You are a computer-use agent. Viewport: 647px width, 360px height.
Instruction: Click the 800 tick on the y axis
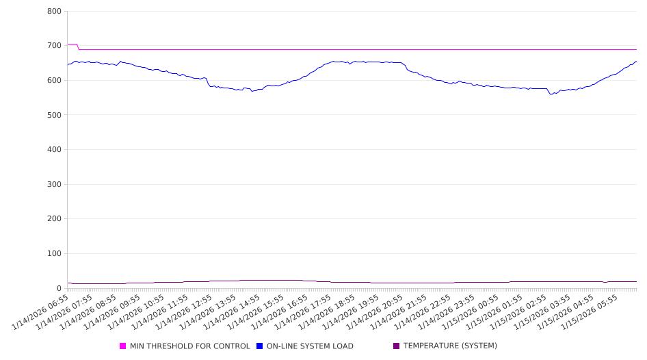[x=54, y=12]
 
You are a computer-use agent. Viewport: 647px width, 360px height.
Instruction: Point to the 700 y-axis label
[x=54, y=46]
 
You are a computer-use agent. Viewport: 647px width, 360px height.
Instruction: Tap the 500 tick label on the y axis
[x=54, y=115]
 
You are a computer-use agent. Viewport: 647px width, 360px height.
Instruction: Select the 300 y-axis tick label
[x=54, y=185]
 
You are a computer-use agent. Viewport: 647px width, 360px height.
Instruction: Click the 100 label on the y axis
[x=54, y=254]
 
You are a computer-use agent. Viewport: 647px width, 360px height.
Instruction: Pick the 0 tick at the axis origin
[x=60, y=288]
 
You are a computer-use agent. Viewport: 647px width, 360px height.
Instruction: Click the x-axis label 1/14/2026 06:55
[x=41, y=311]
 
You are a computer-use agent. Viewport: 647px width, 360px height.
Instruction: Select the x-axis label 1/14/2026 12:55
[x=185, y=311]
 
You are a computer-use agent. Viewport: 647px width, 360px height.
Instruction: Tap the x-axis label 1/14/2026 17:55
[x=304, y=311]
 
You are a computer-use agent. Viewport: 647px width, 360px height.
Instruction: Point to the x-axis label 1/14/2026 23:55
[x=448, y=311]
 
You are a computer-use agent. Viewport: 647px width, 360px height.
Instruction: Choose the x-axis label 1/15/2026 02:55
[x=520, y=311]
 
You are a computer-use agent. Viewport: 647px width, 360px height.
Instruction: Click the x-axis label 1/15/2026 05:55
[x=592, y=311]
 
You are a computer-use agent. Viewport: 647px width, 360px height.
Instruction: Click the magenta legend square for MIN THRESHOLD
[x=123, y=346]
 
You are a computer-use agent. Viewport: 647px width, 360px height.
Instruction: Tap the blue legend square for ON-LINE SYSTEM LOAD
[x=260, y=346]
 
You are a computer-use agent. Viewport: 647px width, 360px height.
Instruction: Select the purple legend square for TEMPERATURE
[x=397, y=346]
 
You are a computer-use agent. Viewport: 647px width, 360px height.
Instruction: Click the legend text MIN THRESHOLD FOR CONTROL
[x=189, y=346]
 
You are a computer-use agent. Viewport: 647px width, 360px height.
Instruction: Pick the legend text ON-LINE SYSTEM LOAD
[x=310, y=346]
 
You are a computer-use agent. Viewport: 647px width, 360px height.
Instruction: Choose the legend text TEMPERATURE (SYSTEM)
[x=450, y=346]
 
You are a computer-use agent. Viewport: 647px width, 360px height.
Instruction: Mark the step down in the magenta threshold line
[x=78, y=47]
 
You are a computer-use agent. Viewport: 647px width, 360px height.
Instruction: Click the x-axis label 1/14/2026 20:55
[x=376, y=311]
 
